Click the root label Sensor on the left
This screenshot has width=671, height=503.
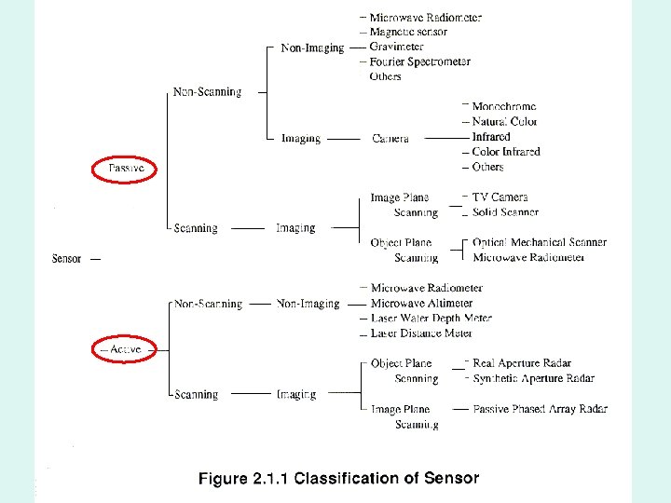tap(66, 258)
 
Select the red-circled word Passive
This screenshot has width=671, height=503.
tap(125, 169)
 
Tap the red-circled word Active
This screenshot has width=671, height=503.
tap(125, 349)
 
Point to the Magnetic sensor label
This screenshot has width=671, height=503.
tap(408, 32)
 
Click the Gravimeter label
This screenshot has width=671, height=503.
tap(396, 47)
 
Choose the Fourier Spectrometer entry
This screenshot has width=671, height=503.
tap(419, 61)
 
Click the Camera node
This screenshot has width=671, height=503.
tap(390, 139)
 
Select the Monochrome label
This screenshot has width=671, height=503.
tap(504, 107)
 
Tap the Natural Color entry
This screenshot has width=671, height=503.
tap(504, 122)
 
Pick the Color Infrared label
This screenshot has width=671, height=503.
tap(506, 152)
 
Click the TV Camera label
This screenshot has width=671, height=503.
tap(500, 197)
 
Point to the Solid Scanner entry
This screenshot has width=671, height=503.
tap(505, 212)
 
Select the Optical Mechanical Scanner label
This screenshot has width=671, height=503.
tap(540, 242)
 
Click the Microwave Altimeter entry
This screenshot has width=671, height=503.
tap(421, 303)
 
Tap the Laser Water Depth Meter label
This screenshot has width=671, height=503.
tap(431, 318)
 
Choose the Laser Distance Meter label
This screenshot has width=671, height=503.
tap(421, 333)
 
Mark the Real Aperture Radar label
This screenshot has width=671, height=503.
tap(522, 363)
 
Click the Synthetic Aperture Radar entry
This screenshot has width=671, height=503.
tap(533, 378)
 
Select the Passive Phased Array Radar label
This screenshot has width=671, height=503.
tap(540, 409)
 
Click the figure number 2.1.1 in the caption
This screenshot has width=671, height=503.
tap(269, 480)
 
